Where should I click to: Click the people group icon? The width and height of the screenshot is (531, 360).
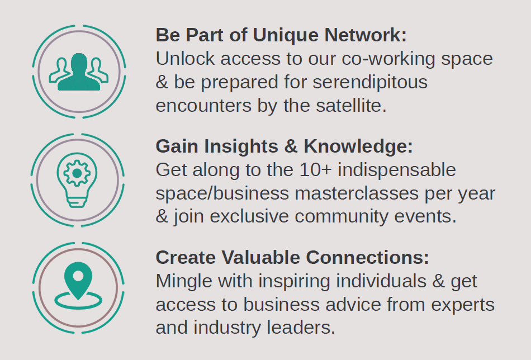tap(79, 72)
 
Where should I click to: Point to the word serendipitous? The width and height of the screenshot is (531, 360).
tap(370, 82)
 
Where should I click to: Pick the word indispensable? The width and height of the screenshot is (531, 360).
tap(397, 169)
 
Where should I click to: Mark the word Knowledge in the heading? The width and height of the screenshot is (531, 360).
tap(358, 146)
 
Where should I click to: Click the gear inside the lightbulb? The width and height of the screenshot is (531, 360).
tap(77, 172)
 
